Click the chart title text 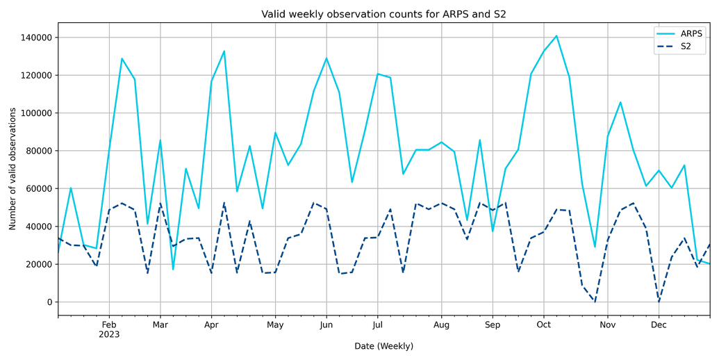388,14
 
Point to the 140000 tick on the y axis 34,38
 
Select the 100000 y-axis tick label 34,113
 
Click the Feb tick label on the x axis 109,325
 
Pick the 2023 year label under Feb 109,334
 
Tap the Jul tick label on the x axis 377,325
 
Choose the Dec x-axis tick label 659,325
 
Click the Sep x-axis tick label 493,325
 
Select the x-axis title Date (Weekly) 383,346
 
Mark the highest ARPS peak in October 556,35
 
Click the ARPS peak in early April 224,51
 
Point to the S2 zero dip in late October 595,302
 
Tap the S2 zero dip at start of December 659,302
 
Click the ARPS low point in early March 173,269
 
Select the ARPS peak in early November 620,102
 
